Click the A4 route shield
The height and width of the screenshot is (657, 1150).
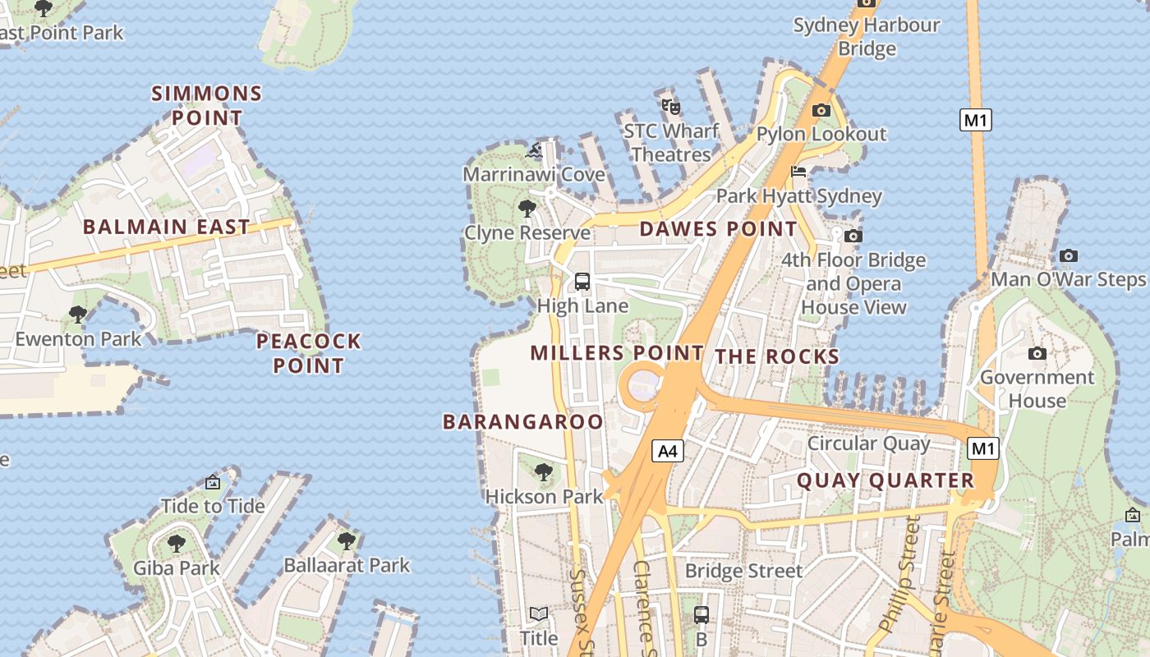tap(669, 450)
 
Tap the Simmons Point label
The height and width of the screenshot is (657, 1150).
tap(207, 105)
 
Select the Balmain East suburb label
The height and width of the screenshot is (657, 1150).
tap(166, 227)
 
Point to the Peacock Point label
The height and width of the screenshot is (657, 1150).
tap(309, 353)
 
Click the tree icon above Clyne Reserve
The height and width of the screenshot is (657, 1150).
tap(527, 209)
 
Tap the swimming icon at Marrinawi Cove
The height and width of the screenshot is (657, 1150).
tap(534, 150)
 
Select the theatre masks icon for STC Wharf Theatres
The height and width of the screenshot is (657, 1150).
tap(671, 106)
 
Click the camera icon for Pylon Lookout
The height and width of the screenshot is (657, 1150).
tap(821, 110)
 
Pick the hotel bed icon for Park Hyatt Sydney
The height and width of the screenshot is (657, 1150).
tap(798, 172)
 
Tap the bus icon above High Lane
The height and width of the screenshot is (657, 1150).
tap(582, 282)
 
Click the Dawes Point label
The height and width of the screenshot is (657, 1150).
tap(718, 229)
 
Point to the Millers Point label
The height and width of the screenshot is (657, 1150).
tap(617, 353)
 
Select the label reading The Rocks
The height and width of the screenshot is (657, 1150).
tap(777, 356)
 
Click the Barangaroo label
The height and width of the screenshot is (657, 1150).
tap(523, 422)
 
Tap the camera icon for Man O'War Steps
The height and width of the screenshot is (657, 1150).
tap(1068, 255)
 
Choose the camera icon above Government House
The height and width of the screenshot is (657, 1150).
tap(1037, 353)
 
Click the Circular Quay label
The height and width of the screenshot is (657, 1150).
tap(869, 443)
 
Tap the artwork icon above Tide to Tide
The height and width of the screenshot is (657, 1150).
tap(213, 482)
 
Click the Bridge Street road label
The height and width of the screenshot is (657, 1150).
tap(743, 571)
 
